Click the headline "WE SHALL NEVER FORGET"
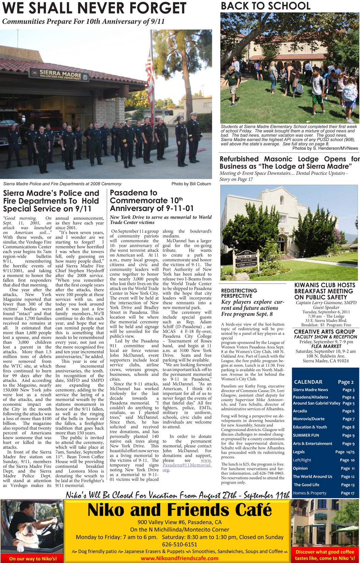coord(94,8)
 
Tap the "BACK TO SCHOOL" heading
coord(266,6)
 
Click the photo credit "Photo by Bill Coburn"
coord(191,184)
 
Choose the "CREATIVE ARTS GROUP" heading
coord(324,331)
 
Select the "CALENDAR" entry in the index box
coord(308,382)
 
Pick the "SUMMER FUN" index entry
coord(306,435)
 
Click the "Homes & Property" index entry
coord(310,493)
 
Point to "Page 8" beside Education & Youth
coord(348,427)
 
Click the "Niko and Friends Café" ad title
coord(179,510)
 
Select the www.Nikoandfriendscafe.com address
coord(179,558)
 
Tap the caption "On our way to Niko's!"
coord(33,559)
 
